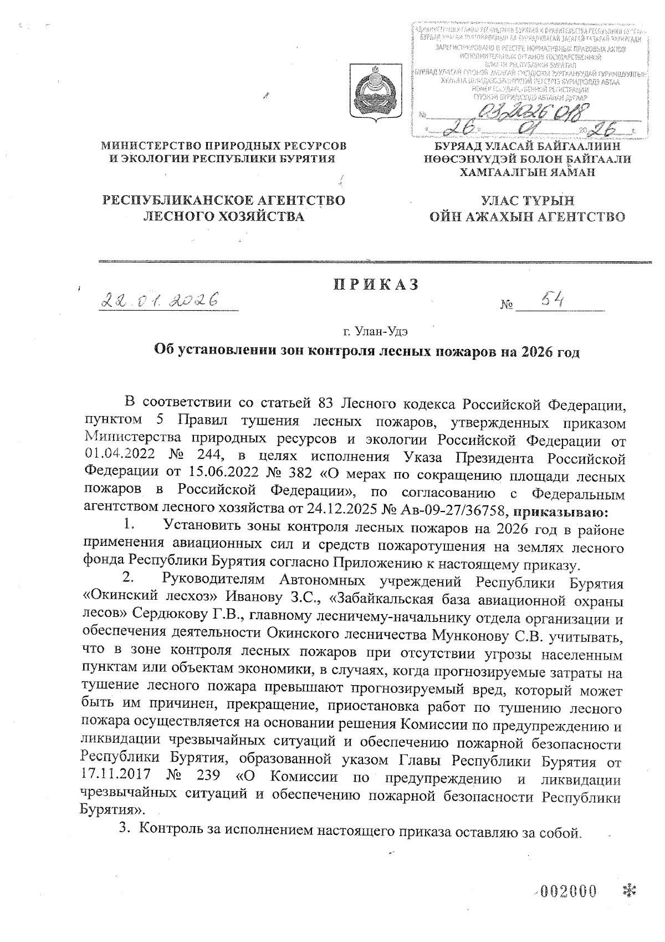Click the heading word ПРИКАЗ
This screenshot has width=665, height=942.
click(x=375, y=285)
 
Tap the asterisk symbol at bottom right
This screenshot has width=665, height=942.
click(x=629, y=892)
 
